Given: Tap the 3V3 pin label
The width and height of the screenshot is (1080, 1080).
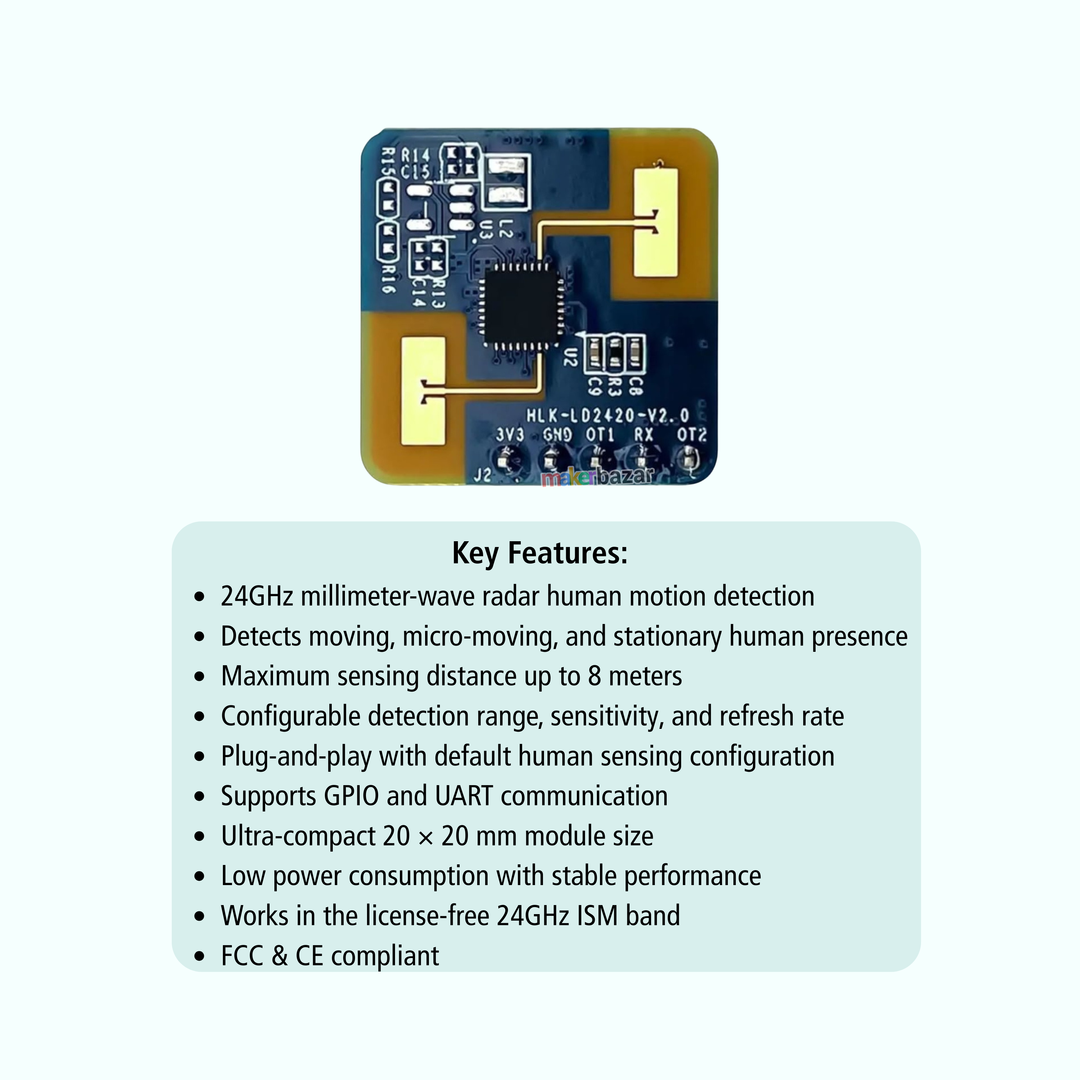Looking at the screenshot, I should click(510, 435).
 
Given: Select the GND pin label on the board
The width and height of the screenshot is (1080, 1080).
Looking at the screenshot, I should click(557, 435).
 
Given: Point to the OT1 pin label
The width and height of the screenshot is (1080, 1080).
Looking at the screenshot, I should click(600, 435).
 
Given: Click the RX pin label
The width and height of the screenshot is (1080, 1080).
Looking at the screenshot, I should click(644, 435).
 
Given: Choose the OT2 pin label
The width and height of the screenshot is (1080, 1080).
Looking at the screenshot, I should click(692, 435).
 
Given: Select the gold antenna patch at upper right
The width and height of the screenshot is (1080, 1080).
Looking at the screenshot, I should click(655, 223).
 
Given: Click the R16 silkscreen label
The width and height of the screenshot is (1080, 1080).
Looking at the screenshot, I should click(388, 280).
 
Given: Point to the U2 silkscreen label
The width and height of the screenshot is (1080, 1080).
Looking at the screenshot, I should click(569, 357).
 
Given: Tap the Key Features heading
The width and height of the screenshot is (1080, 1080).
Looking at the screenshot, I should click(540, 553).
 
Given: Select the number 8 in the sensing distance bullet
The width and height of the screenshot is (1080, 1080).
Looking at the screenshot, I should click(594, 676).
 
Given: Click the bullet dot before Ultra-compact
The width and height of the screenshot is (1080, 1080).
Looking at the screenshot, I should click(199, 837).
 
